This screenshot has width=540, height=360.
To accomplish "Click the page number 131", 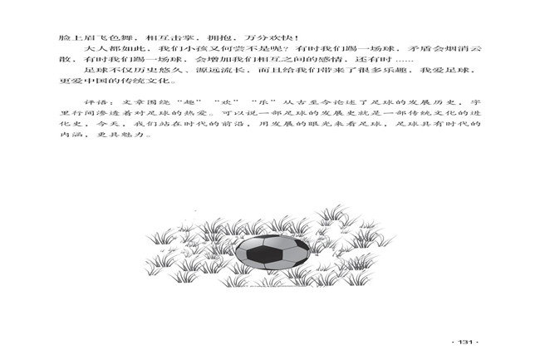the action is tap(465, 342).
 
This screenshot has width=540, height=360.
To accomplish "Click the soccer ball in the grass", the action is tap(272, 253).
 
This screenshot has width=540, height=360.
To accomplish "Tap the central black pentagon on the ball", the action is tap(264, 255).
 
